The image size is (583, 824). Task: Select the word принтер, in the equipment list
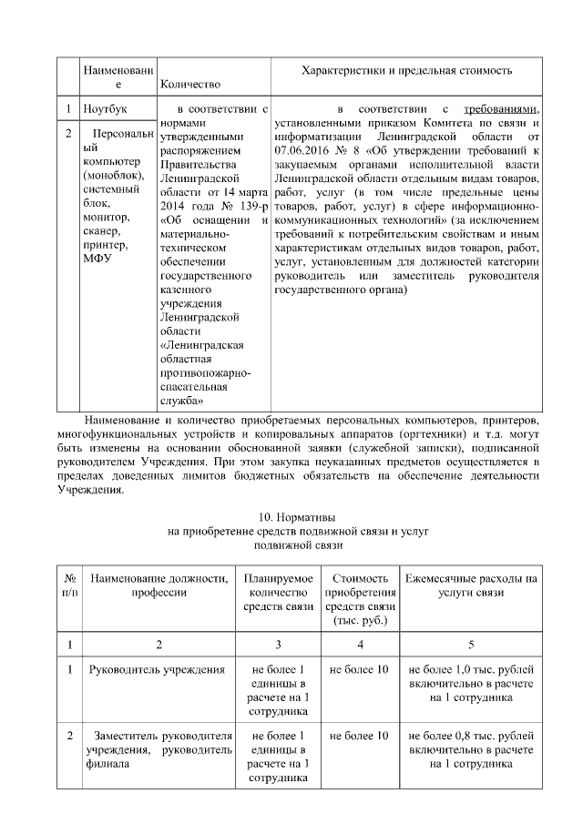click(x=105, y=244)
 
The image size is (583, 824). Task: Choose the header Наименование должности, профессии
click(x=159, y=585)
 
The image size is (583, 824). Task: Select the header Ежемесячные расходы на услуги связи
click(x=470, y=585)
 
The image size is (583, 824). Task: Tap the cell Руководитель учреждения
click(x=157, y=670)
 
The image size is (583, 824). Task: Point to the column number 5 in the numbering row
click(x=470, y=644)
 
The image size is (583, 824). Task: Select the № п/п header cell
click(x=69, y=585)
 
